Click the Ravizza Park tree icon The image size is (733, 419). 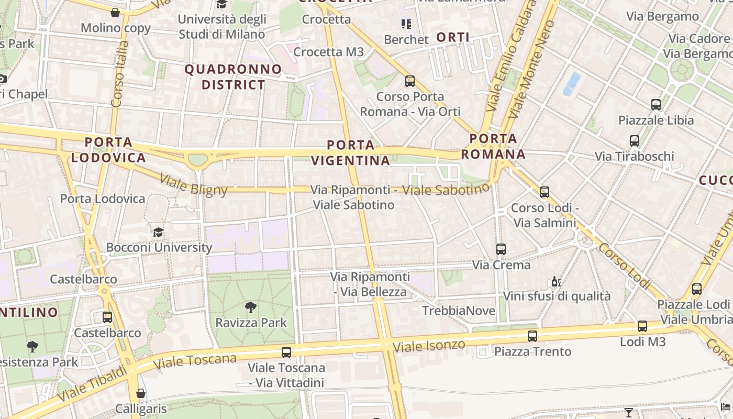coord(251,307)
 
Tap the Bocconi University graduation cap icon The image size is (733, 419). coord(158,232)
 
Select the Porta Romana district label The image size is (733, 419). coord(493,147)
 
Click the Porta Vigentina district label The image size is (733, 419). coord(351,152)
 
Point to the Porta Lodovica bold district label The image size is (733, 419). coord(108,150)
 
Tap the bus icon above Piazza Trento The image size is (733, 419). coord(532,336)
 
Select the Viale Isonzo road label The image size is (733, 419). coord(429,346)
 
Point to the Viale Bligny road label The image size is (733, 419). coord(194,184)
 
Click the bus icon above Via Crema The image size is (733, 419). coord(501,249)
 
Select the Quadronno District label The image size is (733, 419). coord(233,76)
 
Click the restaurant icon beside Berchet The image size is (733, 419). coord(406,24)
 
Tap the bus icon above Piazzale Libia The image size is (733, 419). coord(656,105)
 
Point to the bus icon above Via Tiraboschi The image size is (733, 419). coord(635,141)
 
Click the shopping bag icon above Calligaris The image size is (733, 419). coord(140,393)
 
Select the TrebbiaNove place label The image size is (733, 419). coord(459,311)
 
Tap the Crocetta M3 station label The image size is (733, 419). coord(328,52)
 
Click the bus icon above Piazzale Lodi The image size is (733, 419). coord(696,289)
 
